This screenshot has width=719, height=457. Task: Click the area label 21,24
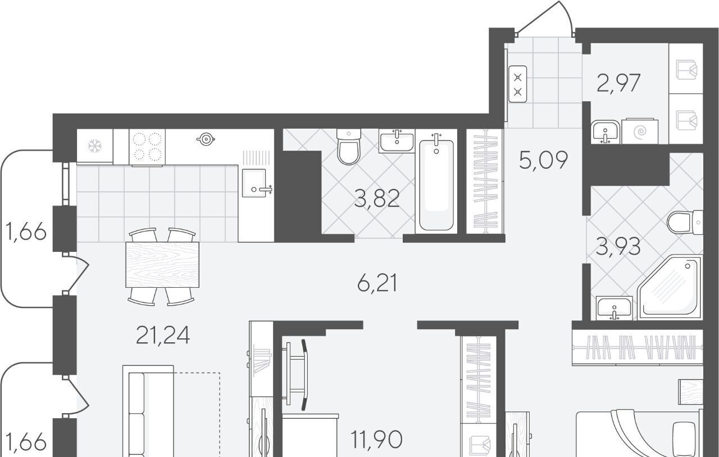tap(163, 335)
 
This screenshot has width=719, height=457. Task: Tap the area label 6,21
tap(377, 283)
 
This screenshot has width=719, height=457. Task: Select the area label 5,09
tap(543, 160)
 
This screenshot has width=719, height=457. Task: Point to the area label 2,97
tap(618, 83)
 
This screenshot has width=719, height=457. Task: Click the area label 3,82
tap(377, 198)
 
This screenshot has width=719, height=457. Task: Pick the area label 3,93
tap(618, 247)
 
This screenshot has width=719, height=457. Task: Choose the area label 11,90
tap(376, 440)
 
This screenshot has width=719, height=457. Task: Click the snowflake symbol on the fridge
tap(95, 146)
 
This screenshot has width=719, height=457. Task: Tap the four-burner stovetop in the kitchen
tap(147, 147)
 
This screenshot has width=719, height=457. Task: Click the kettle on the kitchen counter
tap(206, 139)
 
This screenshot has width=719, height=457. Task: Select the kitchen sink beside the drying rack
tap(255, 183)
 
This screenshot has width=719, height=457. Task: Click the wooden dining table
tap(162, 265)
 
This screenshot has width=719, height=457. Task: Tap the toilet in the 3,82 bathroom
tap(349, 147)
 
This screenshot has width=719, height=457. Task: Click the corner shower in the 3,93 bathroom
tap(669, 287)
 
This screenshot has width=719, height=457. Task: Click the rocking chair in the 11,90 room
tap(295, 375)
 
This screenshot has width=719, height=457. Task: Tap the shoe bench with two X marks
tap(517, 84)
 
